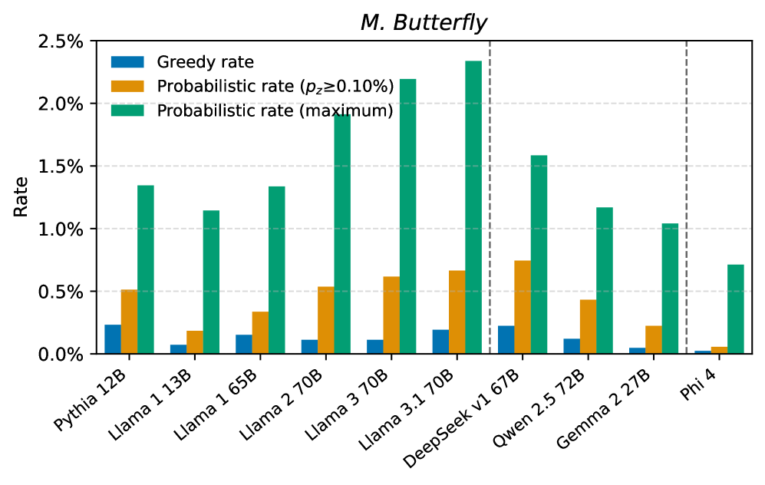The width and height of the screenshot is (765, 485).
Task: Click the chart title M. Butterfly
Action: click(x=424, y=24)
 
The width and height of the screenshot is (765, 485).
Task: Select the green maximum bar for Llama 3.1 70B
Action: click(x=473, y=207)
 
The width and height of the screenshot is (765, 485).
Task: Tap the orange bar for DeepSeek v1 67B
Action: click(x=522, y=307)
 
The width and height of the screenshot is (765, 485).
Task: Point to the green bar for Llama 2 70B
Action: click(x=342, y=234)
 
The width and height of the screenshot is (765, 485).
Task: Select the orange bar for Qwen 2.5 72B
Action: click(x=588, y=327)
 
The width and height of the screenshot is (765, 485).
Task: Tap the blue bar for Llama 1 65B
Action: click(x=244, y=345)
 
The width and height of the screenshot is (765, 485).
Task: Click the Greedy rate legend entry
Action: click(x=205, y=62)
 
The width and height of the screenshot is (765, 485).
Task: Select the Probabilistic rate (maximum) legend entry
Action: click(x=275, y=111)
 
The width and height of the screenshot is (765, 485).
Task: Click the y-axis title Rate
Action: click(x=21, y=196)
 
